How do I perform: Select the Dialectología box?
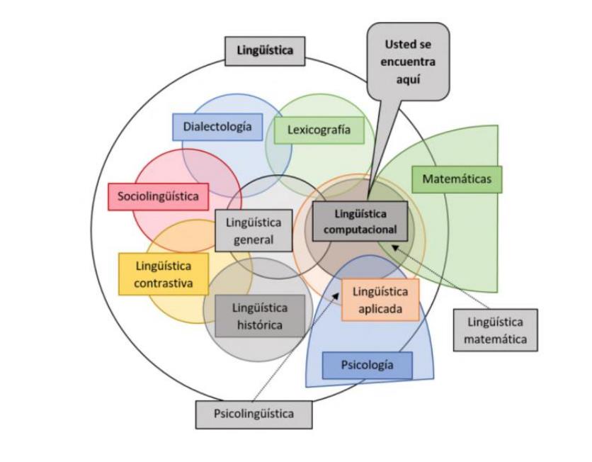(217, 127)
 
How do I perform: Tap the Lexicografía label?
(323, 130)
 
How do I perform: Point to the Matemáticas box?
(457, 179)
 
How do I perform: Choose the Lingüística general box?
(254, 230)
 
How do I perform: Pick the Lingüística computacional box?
(360, 221)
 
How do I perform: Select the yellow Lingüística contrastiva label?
(164, 274)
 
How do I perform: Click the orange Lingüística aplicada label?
(380, 300)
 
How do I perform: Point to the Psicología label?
(367, 366)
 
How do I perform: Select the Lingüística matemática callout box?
(495, 330)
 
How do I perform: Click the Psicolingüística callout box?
(254, 414)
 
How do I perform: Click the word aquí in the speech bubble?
(409, 80)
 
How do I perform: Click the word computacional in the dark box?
(360, 229)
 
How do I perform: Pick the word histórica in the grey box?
(260, 325)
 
